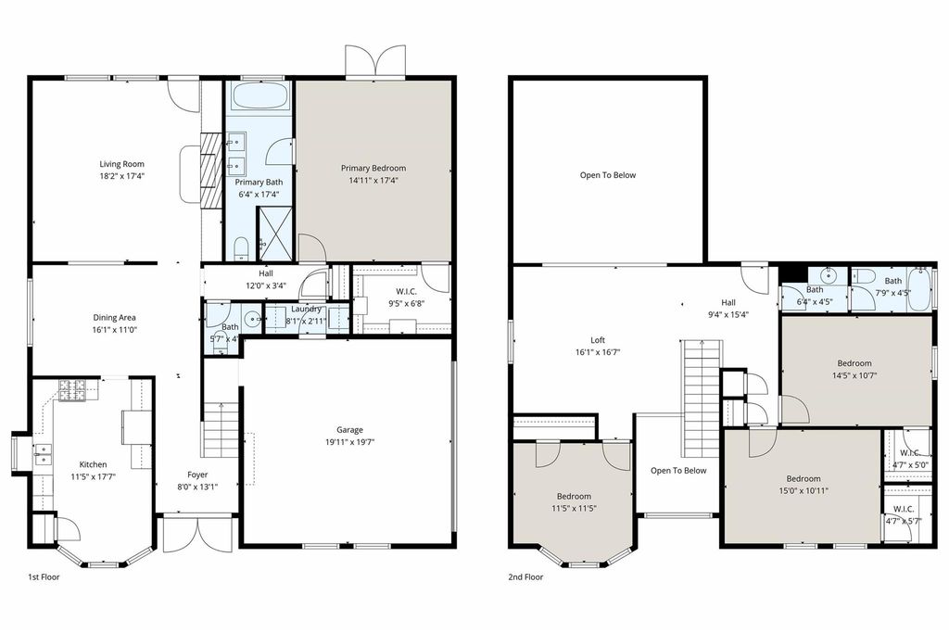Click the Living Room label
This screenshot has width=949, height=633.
click(121, 164)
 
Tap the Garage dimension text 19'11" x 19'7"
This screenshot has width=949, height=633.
click(349, 442)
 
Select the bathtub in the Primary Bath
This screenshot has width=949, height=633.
click(260, 95)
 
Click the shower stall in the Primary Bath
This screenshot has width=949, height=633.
click(274, 234)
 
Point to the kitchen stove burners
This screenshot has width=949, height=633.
click(72, 390)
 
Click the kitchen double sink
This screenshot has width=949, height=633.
click(43, 454)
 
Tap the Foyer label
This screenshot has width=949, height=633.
click(197, 475)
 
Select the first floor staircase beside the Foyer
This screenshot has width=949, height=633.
click(221, 430)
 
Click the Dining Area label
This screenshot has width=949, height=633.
click(114, 318)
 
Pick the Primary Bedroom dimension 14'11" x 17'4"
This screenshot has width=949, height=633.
click(373, 181)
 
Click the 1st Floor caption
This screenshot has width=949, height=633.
click(44, 577)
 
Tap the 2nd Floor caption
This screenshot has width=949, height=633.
click(525, 577)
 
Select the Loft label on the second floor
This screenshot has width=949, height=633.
click(598, 340)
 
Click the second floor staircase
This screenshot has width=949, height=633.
click(702, 399)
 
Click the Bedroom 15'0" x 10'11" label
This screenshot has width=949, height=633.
click(803, 478)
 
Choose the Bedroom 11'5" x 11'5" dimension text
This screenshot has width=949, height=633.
click(574, 509)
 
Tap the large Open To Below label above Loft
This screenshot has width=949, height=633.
click(608, 175)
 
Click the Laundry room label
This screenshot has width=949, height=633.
click(306, 310)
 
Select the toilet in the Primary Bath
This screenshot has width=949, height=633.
click(242, 248)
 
